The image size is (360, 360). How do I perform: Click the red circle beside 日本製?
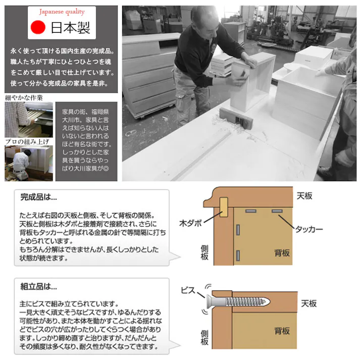tap(38, 27)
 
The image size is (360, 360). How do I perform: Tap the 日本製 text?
tap(71, 28)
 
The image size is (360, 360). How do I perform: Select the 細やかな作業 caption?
tap(24, 97)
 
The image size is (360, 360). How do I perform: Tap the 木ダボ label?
tap(190, 222)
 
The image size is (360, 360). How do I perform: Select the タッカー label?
tap(309, 229)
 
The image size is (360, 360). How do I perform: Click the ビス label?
tap(188, 291)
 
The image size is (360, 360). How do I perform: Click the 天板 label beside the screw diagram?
tap(309, 303)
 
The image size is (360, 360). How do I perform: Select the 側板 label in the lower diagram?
tap(204, 337)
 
